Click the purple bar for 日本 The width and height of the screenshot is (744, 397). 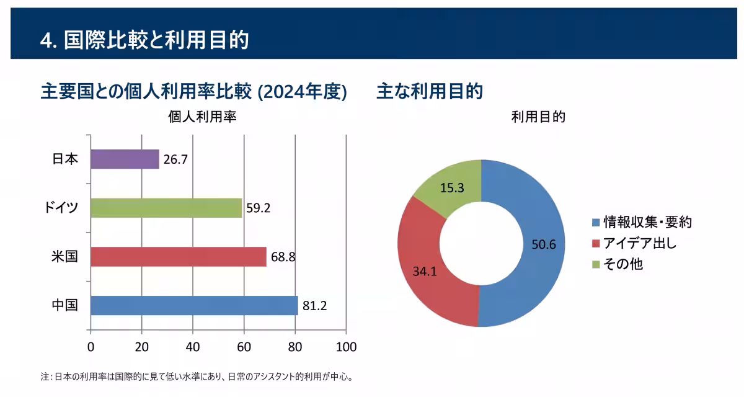(x=125, y=159)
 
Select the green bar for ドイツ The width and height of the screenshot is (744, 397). (x=166, y=208)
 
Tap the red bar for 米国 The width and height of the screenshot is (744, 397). (x=179, y=257)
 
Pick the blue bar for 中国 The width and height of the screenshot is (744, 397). (x=194, y=305)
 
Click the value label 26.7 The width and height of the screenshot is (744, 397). (x=175, y=159)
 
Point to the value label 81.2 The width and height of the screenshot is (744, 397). (x=314, y=306)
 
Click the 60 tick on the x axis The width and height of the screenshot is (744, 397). (x=244, y=347)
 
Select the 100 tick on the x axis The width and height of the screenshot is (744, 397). (x=346, y=347)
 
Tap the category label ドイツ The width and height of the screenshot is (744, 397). (x=61, y=208)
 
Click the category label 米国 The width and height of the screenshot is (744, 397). (x=64, y=256)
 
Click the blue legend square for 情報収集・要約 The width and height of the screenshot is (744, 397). (x=596, y=223)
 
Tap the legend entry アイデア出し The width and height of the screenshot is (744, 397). (x=634, y=244)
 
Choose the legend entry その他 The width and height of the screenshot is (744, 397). (x=618, y=264)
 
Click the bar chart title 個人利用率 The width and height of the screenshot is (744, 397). (x=202, y=117)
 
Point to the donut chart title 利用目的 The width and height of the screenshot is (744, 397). (x=538, y=117)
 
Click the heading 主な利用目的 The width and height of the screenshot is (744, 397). (x=430, y=91)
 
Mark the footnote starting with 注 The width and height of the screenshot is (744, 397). (x=197, y=377)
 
